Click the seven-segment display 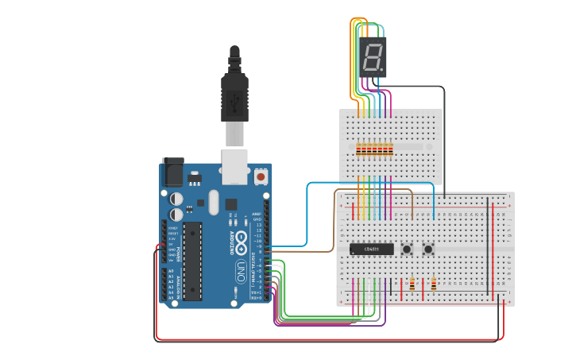[x=373, y=56]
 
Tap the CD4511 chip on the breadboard [x=371, y=250]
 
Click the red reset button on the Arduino [x=261, y=175]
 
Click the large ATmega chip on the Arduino [x=191, y=262]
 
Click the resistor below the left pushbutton [x=412, y=285]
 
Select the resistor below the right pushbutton [x=434, y=285]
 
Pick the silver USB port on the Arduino [x=234, y=162]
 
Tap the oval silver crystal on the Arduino [x=212, y=202]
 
